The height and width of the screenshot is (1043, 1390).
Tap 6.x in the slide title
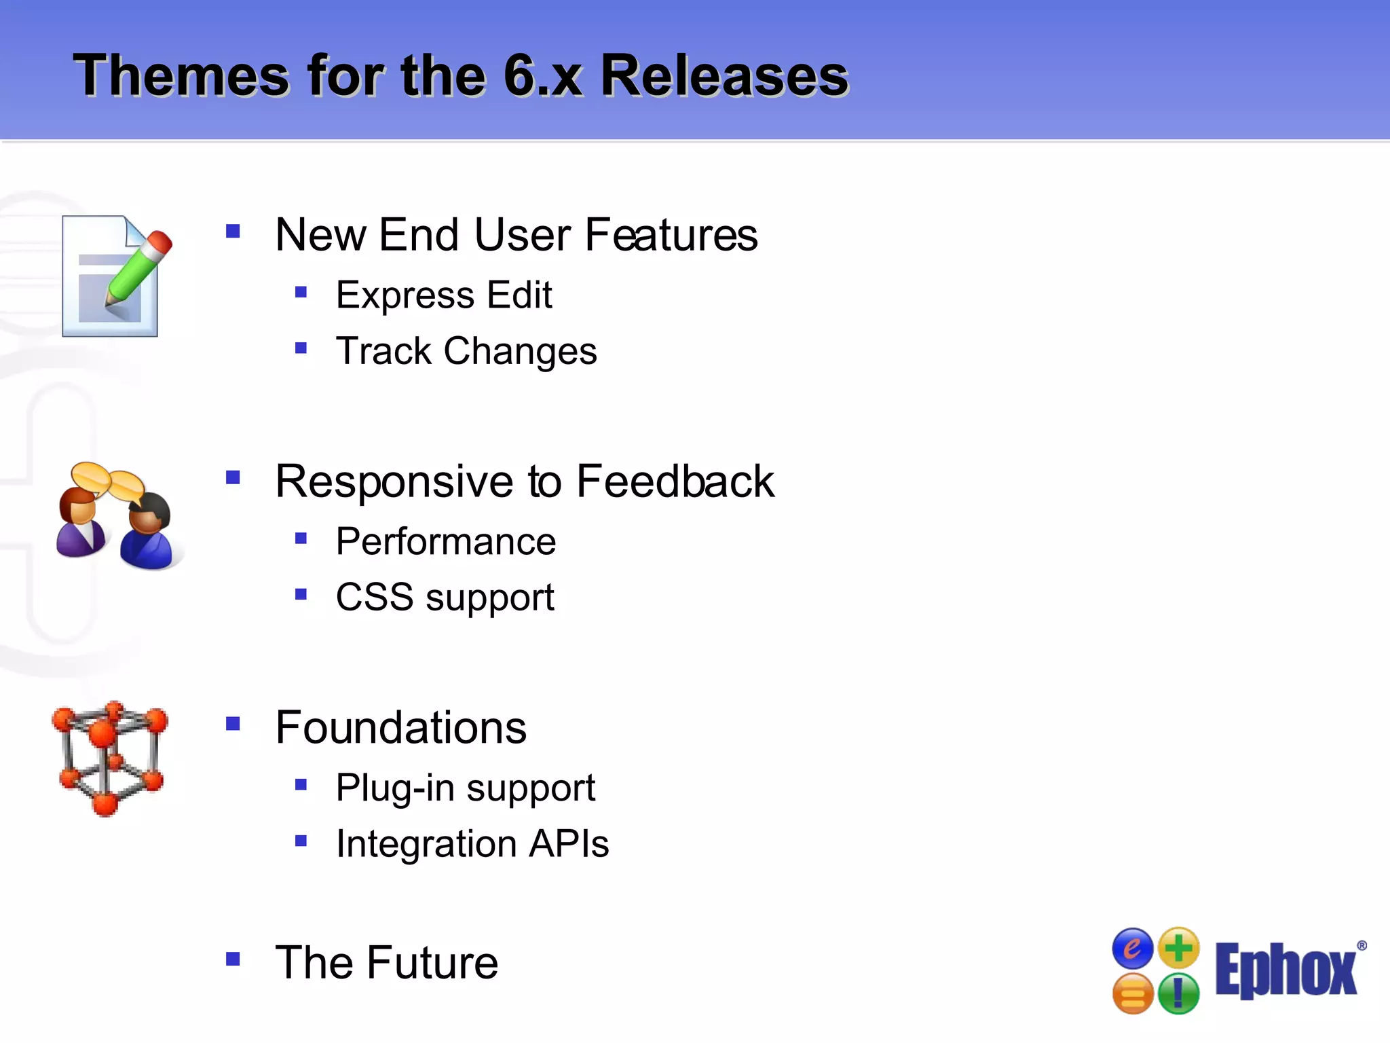point(542,75)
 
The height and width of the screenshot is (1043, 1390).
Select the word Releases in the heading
point(724,75)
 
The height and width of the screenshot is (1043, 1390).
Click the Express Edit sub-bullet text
point(444,295)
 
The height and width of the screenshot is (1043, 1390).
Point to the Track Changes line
point(466,351)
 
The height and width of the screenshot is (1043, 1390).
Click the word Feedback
point(675,481)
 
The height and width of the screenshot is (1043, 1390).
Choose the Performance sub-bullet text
point(446,542)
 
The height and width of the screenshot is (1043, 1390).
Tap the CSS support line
point(445,598)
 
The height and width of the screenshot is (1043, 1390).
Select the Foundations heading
point(400,727)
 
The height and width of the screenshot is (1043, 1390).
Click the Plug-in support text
point(465,788)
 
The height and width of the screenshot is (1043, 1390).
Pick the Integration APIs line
point(472,844)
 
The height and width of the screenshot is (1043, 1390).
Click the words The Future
point(386,962)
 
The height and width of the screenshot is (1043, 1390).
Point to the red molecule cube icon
point(109,758)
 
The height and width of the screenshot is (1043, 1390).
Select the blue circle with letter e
point(1132,948)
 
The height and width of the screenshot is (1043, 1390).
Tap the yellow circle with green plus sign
point(1179,947)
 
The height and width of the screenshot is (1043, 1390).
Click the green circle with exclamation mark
point(1178,993)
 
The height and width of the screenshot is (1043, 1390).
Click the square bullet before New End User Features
point(233,232)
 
